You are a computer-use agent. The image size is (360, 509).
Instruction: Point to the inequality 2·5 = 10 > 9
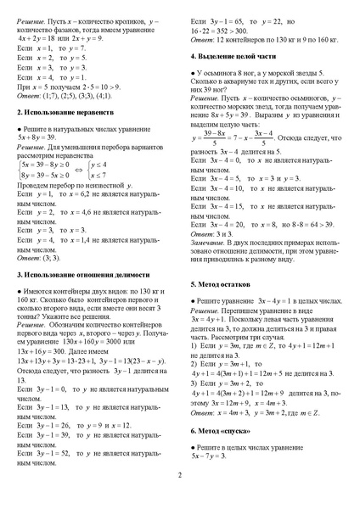[x=110, y=87]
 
